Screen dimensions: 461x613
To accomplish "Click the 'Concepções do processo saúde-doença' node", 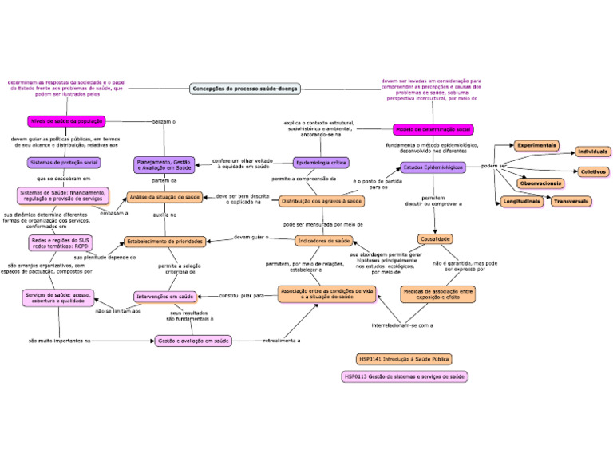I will coord(244,89).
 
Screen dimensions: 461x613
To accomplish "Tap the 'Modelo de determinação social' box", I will coord(433,129).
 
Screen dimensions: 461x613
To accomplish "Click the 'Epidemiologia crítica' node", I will coord(321,163).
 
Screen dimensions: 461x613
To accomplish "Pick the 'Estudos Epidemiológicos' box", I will coord(433,168).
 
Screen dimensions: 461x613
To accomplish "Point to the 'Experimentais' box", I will coord(536,146).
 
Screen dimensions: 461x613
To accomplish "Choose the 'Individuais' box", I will coord(593,152).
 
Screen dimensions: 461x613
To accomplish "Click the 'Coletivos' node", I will coord(593,171).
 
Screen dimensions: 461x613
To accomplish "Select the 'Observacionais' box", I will coord(541,183).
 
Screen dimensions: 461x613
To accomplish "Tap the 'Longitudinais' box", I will coord(521,202).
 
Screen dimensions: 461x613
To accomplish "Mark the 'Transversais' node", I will coord(571,202).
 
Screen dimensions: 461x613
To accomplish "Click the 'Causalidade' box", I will coord(436,238).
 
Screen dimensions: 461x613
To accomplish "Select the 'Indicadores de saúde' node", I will coord(323,241).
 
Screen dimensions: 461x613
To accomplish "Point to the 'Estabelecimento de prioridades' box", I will coord(165,241).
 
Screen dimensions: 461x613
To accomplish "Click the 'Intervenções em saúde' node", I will coord(165,297).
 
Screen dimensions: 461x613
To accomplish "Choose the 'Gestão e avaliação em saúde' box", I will coord(193,341).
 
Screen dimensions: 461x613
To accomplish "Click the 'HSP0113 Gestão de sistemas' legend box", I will coord(404,376).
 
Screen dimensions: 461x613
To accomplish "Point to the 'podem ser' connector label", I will coord(494,166).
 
